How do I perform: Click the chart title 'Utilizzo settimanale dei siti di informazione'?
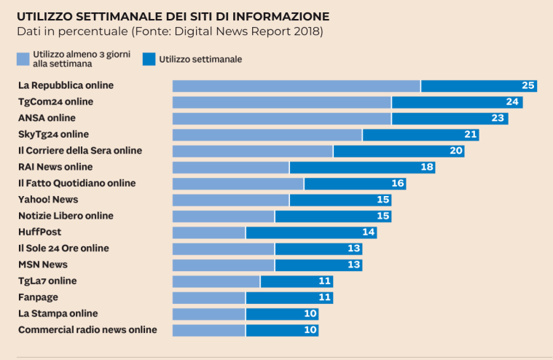173,16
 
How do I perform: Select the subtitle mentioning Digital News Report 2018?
170,31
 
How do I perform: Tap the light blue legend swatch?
23,59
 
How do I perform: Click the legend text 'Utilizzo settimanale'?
200,59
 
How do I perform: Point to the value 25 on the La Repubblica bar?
528,86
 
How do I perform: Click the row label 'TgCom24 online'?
55,102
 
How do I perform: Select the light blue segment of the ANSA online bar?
281,118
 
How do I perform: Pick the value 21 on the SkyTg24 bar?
470,135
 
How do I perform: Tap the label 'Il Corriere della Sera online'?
80,151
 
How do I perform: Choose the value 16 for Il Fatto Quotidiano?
397,184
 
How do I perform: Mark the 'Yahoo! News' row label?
48,200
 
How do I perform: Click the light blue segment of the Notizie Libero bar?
223,216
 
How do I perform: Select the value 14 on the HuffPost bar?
368,232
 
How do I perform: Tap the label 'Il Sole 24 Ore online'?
63,249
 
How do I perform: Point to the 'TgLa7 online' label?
47,281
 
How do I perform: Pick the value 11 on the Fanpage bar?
324,297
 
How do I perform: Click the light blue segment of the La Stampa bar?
208,314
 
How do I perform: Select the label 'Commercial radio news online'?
87,330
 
